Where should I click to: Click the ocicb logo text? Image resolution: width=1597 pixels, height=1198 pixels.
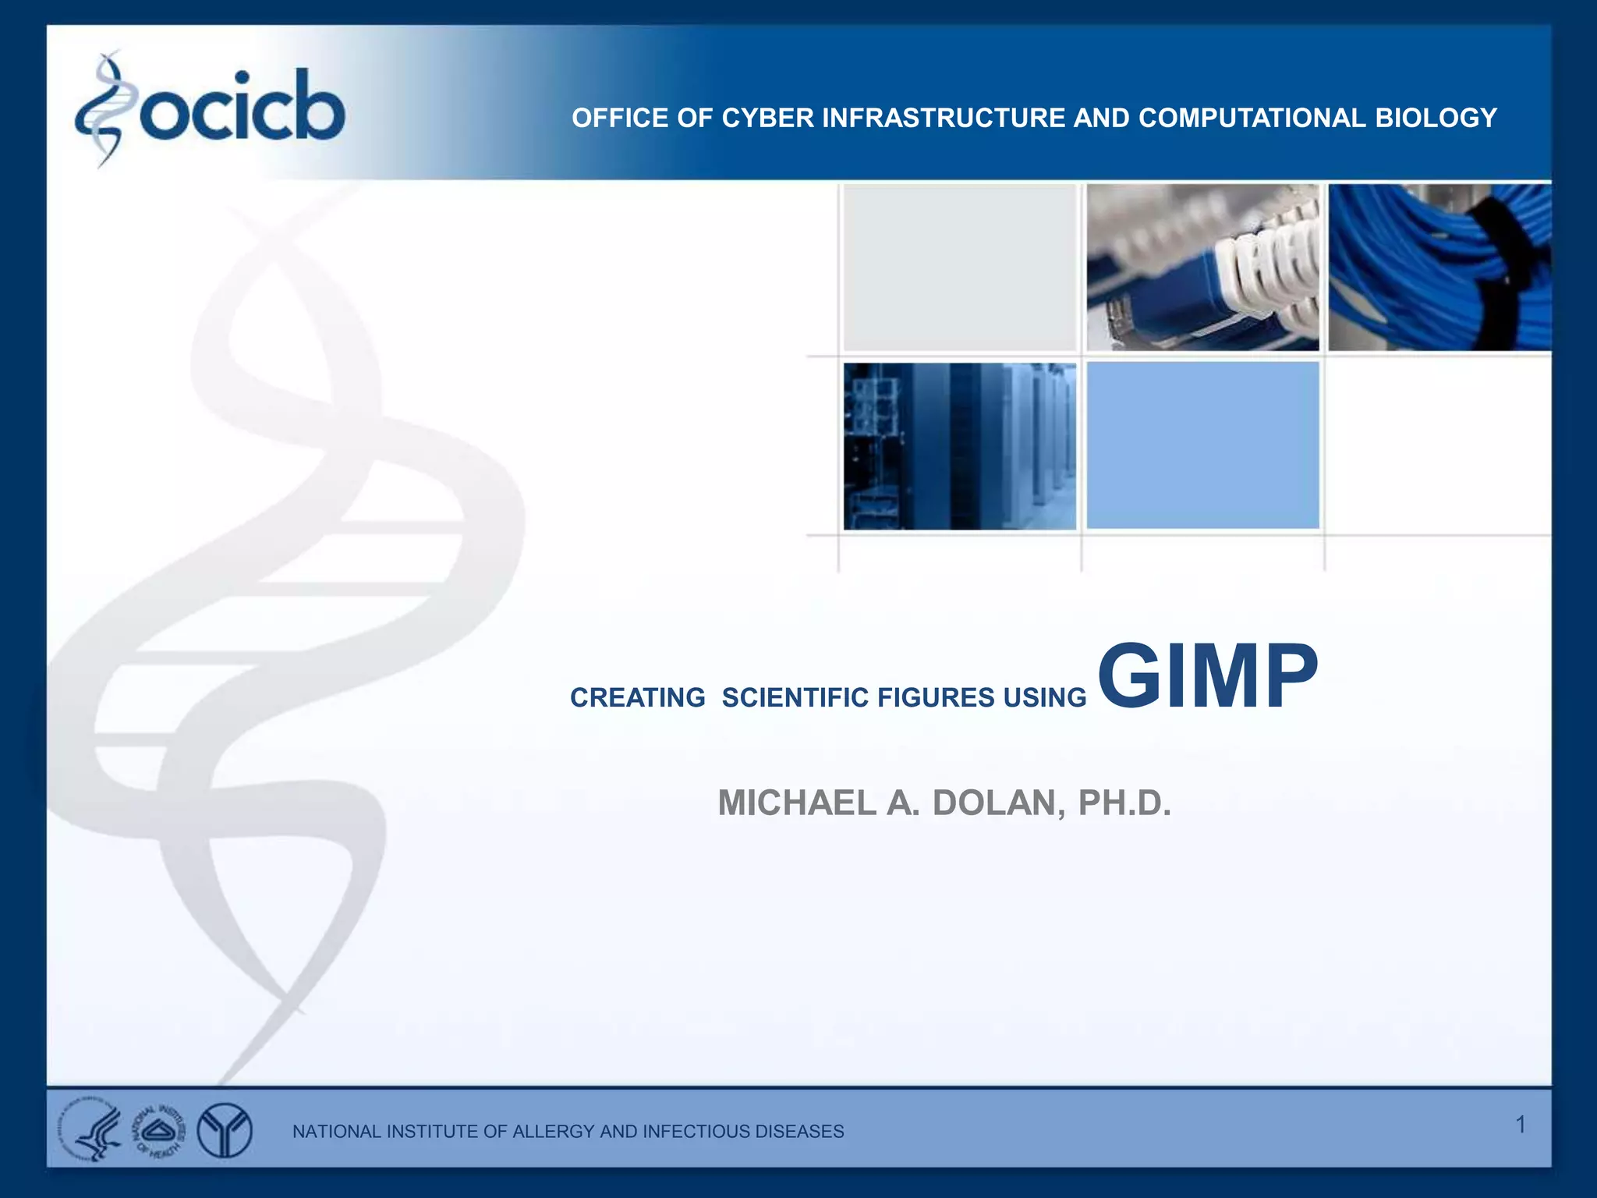click(x=242, y=109)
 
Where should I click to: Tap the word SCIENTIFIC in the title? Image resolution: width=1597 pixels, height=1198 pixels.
click(x=795, y=697)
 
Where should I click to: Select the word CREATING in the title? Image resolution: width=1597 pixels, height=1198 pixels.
click(x=637, y=697)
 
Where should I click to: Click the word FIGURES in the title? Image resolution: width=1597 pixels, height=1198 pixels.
click(x=936, y=697)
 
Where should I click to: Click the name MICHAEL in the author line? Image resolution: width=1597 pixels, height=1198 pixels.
click(x=796, y=803)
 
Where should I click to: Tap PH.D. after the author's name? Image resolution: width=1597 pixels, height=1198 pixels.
click(x=1124, y=803)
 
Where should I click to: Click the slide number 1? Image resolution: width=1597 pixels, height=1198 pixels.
click(x=1520, y=1124)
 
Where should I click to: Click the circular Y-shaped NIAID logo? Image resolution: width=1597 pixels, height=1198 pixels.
click(x=225, y=1130)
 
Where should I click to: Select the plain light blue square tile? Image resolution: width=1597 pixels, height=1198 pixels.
click(x=1202, y=445)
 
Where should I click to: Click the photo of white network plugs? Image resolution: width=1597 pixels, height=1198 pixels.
click(x=1202, y=268)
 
